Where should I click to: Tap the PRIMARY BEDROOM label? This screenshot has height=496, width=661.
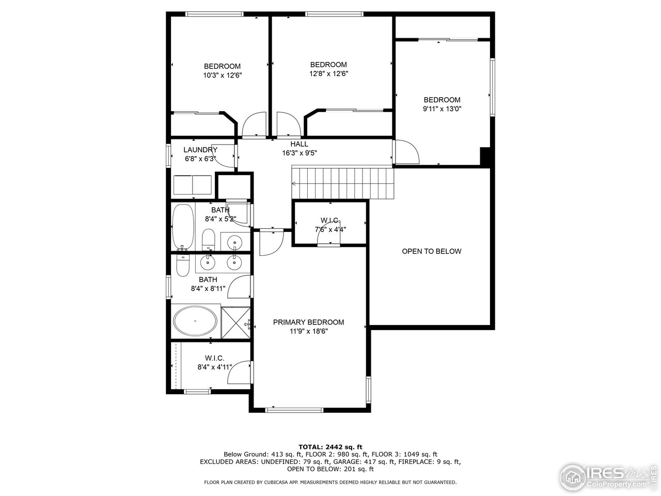(308, 322)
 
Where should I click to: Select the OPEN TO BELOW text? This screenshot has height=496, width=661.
(432, 252)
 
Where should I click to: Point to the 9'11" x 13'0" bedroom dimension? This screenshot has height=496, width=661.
(442, 109)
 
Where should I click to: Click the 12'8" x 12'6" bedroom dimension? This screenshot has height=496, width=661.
(328, 74)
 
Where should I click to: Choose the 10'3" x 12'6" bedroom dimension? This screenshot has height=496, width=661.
(222, 75)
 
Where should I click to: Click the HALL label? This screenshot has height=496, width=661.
(299, 144)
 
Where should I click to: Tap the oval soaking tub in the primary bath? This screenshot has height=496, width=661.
(195, 321)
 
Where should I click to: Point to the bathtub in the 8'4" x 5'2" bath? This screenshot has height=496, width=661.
(182, 226)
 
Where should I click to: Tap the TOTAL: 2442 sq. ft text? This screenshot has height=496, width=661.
(330, 446)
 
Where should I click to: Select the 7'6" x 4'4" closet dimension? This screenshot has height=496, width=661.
(330, 230)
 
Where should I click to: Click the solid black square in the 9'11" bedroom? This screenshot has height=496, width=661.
(485, 156)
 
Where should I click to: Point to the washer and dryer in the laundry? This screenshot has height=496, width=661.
(192, 184)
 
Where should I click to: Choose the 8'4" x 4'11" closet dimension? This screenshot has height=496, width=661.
(214, 367)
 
